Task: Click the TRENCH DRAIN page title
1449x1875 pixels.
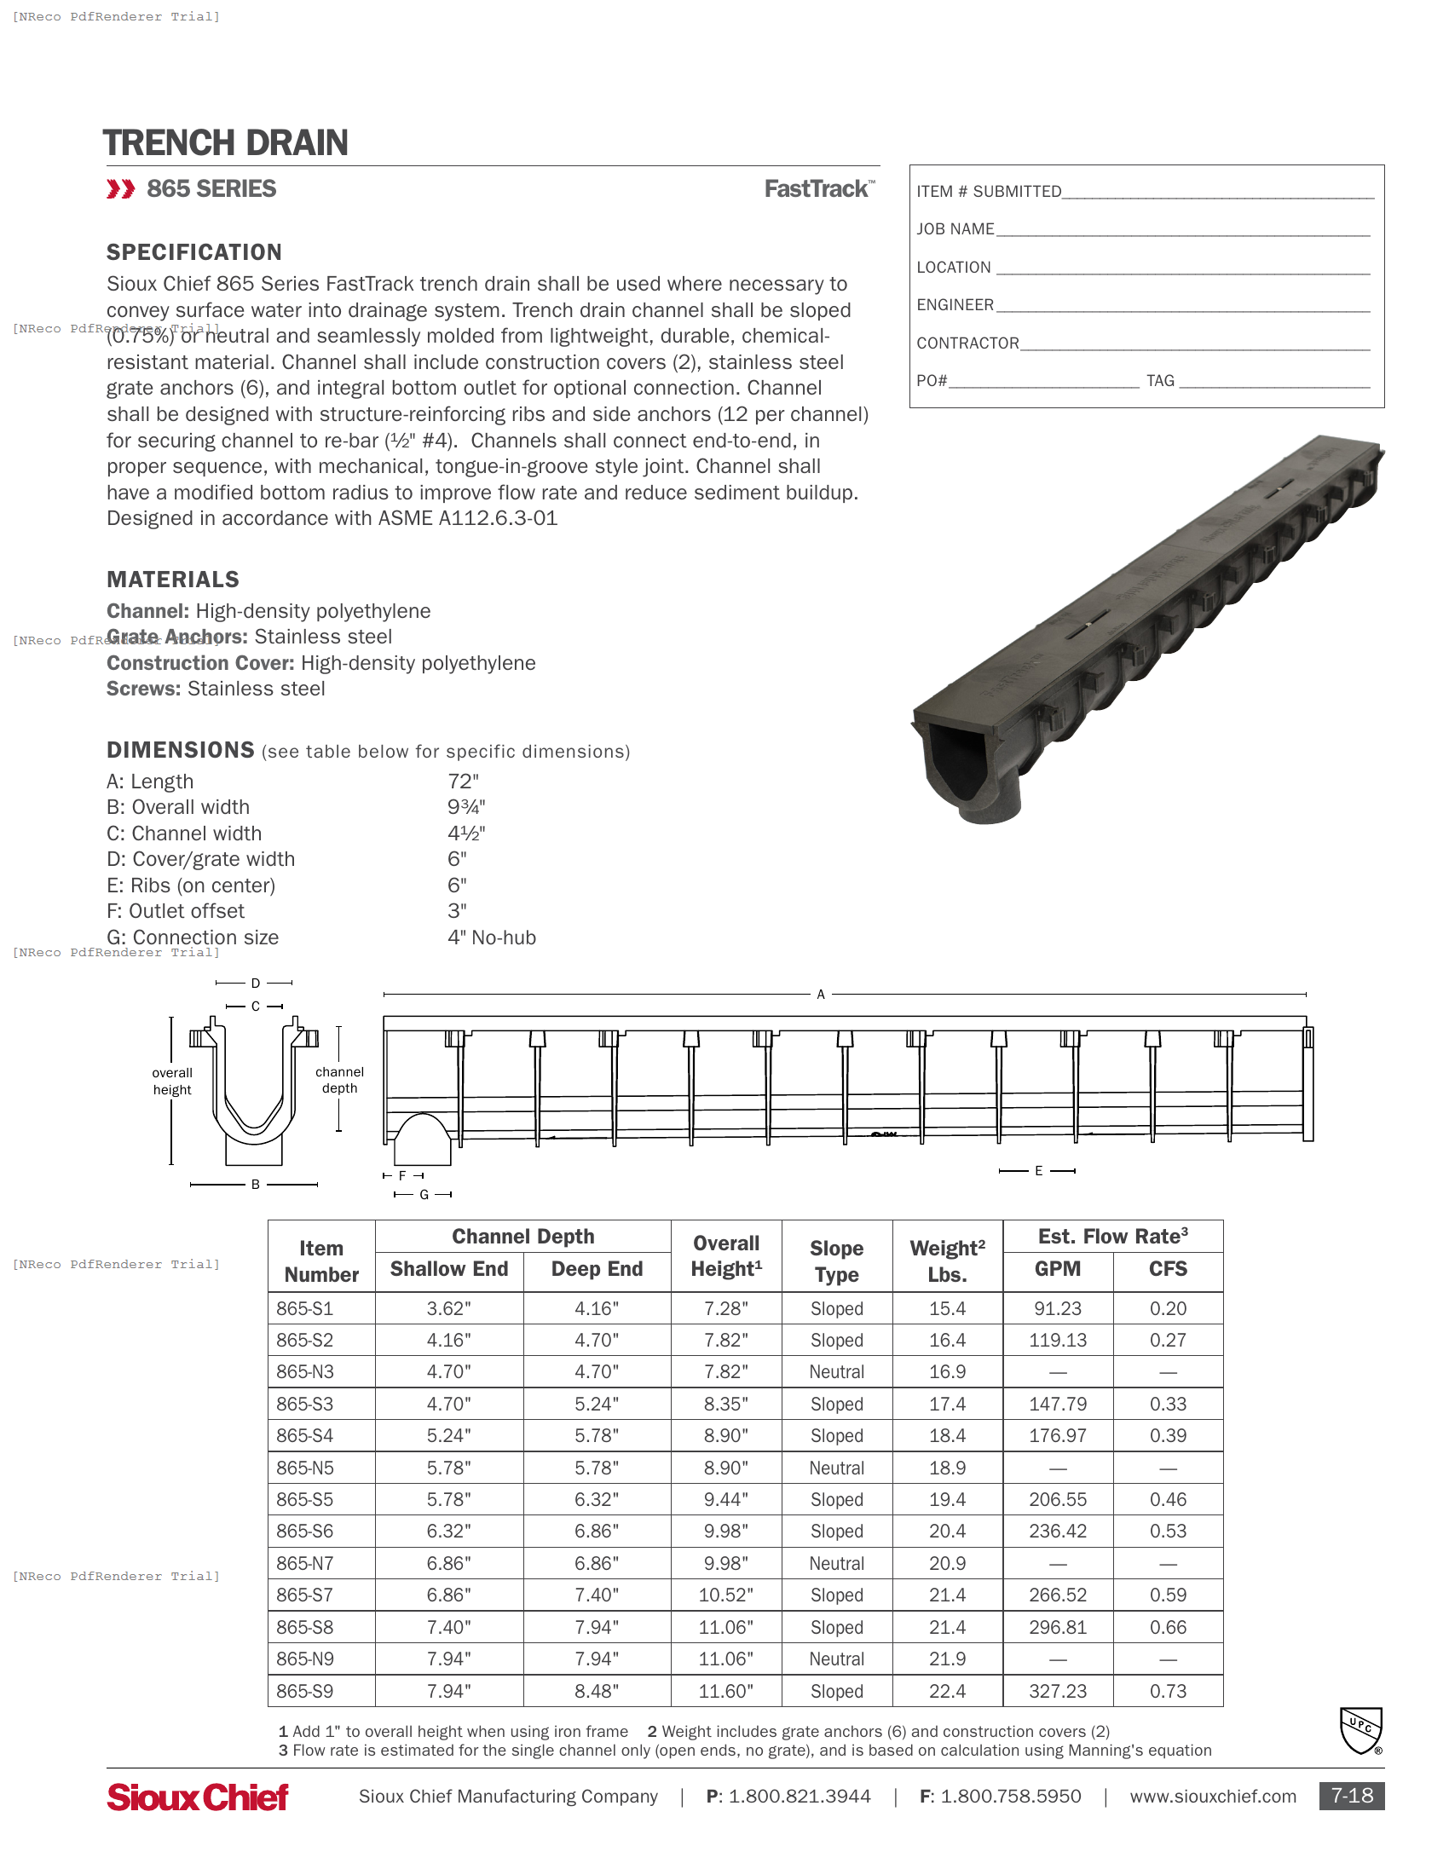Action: pyautogui.click(x=225, y=142)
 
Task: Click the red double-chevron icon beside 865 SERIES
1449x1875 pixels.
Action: pyautogui.click(x=121, y=189)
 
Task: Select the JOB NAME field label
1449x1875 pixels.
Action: pyautogui.click(x=955, y=229)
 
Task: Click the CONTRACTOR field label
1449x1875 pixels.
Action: pyautogui.click(x=967, y=343)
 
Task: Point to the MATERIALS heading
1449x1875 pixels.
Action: pyautogui.click(x=172, y=580)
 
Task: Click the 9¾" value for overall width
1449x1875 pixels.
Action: pyautogui.click(x=466, y=807)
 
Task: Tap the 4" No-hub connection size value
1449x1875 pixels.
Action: pyautogui.click(x=491, y=937)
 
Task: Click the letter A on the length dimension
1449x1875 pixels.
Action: pyautogui.click(x=821, y=994)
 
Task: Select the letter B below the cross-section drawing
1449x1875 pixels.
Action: pyautogui.click(x=255, y=1185)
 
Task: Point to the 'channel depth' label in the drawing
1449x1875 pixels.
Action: pyautogui.click(x=339, y=1080)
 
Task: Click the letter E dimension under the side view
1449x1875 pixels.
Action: pyautogui.click(x=1038, y=1171)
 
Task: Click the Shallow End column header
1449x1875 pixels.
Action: pyautogui.click(x=449, y=1269)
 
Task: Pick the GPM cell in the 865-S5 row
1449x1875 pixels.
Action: pyautogui.click(x=1058, y=1500)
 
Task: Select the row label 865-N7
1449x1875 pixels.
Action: pyautogui.click(x=305, y=1563)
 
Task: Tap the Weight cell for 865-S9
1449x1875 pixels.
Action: pyautogui.click(x=947, y=1691)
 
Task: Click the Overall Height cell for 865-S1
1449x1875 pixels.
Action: pyautogui.click(x=725, y=1308)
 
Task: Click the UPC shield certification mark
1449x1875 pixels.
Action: pyautogui.click(x=1360, y=1730)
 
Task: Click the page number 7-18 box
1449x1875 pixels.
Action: pyautogui.click(x=1351, y=1796)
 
